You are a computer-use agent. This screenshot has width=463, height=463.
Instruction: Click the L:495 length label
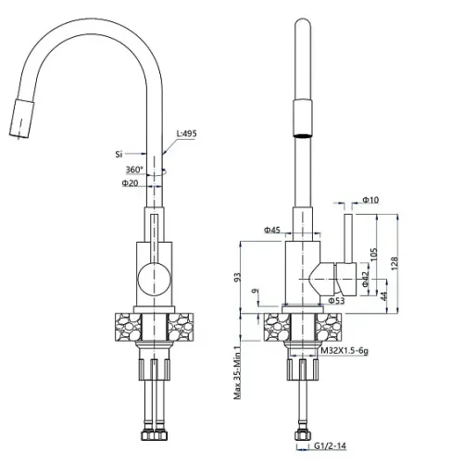186,133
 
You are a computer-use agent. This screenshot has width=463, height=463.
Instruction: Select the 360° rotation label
134,169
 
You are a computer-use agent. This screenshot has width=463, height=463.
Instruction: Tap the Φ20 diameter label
130,183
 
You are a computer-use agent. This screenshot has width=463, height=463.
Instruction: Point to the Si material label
119,154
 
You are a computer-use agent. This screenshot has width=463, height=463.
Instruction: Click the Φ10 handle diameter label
370,200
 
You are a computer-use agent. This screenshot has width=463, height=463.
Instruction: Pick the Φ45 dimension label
272,230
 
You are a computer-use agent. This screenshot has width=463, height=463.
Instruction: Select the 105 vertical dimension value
373,254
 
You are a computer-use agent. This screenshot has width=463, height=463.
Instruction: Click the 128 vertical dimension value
394,263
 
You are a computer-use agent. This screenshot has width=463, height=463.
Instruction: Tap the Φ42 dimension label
365,280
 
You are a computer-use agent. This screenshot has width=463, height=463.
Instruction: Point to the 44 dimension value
383,295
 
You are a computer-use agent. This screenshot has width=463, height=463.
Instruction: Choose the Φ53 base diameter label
336,300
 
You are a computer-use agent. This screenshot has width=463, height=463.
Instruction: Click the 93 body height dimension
237,277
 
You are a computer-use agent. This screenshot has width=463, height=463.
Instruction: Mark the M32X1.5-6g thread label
344,351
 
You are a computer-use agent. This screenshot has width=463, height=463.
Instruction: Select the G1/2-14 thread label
331,445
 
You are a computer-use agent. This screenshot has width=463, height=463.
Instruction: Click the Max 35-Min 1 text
237,372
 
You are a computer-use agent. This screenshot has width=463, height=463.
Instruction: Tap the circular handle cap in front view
154,278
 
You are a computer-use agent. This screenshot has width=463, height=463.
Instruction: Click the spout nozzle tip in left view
21,118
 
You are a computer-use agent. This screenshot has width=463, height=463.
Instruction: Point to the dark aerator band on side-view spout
303,135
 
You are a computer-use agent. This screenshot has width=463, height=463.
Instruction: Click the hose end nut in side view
303,435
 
